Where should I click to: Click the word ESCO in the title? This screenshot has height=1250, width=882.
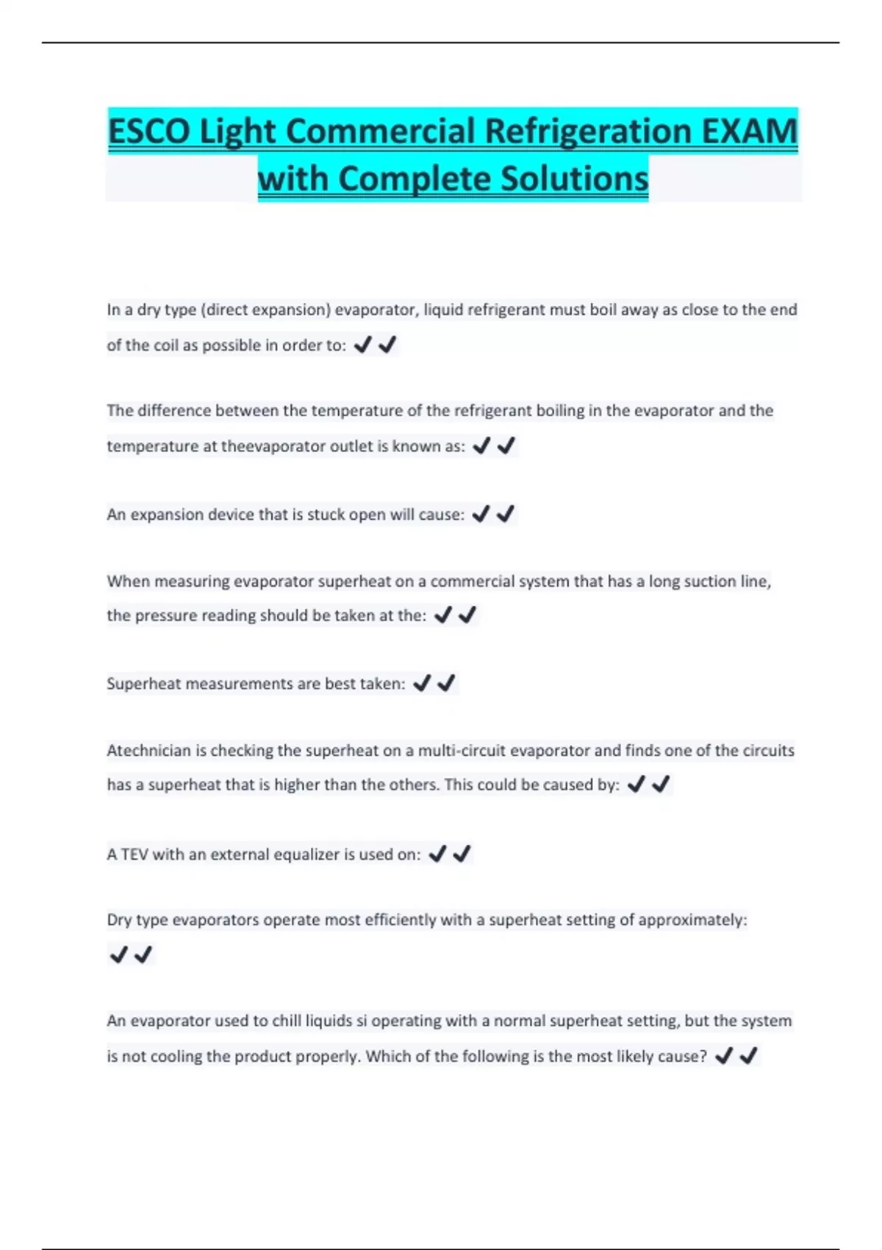pyautogui.click(x=150, y=132)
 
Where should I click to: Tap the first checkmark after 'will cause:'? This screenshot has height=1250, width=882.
pyautogui.click(x=481, y=514)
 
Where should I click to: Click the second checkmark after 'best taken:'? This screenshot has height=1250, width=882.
pyautogui.click(x=446, y=683)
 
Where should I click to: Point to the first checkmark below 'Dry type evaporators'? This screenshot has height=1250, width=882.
pyautogui.click(x=118, y=954)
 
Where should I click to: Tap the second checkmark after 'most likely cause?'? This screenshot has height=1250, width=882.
pyautogui.click(x=748, y=1056)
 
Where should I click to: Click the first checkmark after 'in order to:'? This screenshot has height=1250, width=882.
pyautogui.click(x=362, y=344)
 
